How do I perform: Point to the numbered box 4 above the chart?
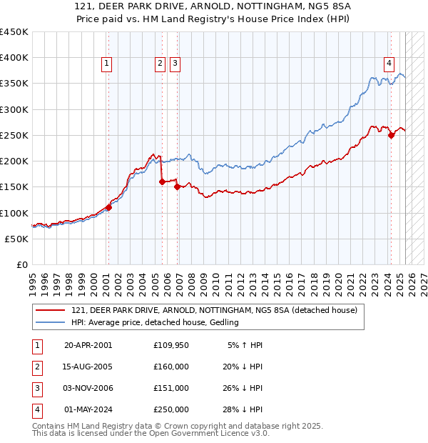[x=389, y=62]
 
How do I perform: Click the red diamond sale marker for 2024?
[x=391, y=136]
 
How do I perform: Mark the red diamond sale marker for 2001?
[x=108, y=208]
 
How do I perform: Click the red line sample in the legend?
[x=51, y=310]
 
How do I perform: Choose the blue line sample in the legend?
[x=51, y=323]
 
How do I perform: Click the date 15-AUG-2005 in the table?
[x=88, y=367]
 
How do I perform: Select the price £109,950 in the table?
[x=171, y=345]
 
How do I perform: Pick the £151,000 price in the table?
[x=171, y=388]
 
